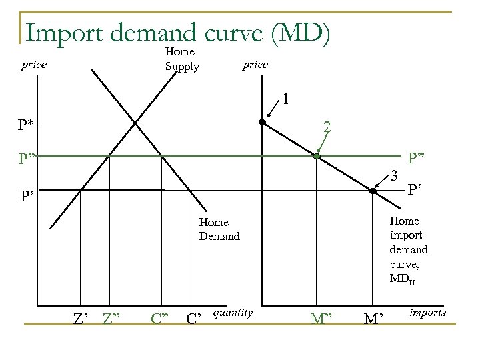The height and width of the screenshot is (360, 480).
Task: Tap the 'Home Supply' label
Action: click(181, 59)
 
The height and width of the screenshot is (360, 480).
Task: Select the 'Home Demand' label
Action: click(219, 229)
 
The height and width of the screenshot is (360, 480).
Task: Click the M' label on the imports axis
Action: click(373, 317)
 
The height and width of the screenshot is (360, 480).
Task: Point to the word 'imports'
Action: click(428, 312)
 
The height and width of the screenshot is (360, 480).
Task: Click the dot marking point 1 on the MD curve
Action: click(263, 123)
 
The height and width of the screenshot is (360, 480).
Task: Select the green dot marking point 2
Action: click(317, 157)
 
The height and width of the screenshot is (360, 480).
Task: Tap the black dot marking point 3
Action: click(373, 191)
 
